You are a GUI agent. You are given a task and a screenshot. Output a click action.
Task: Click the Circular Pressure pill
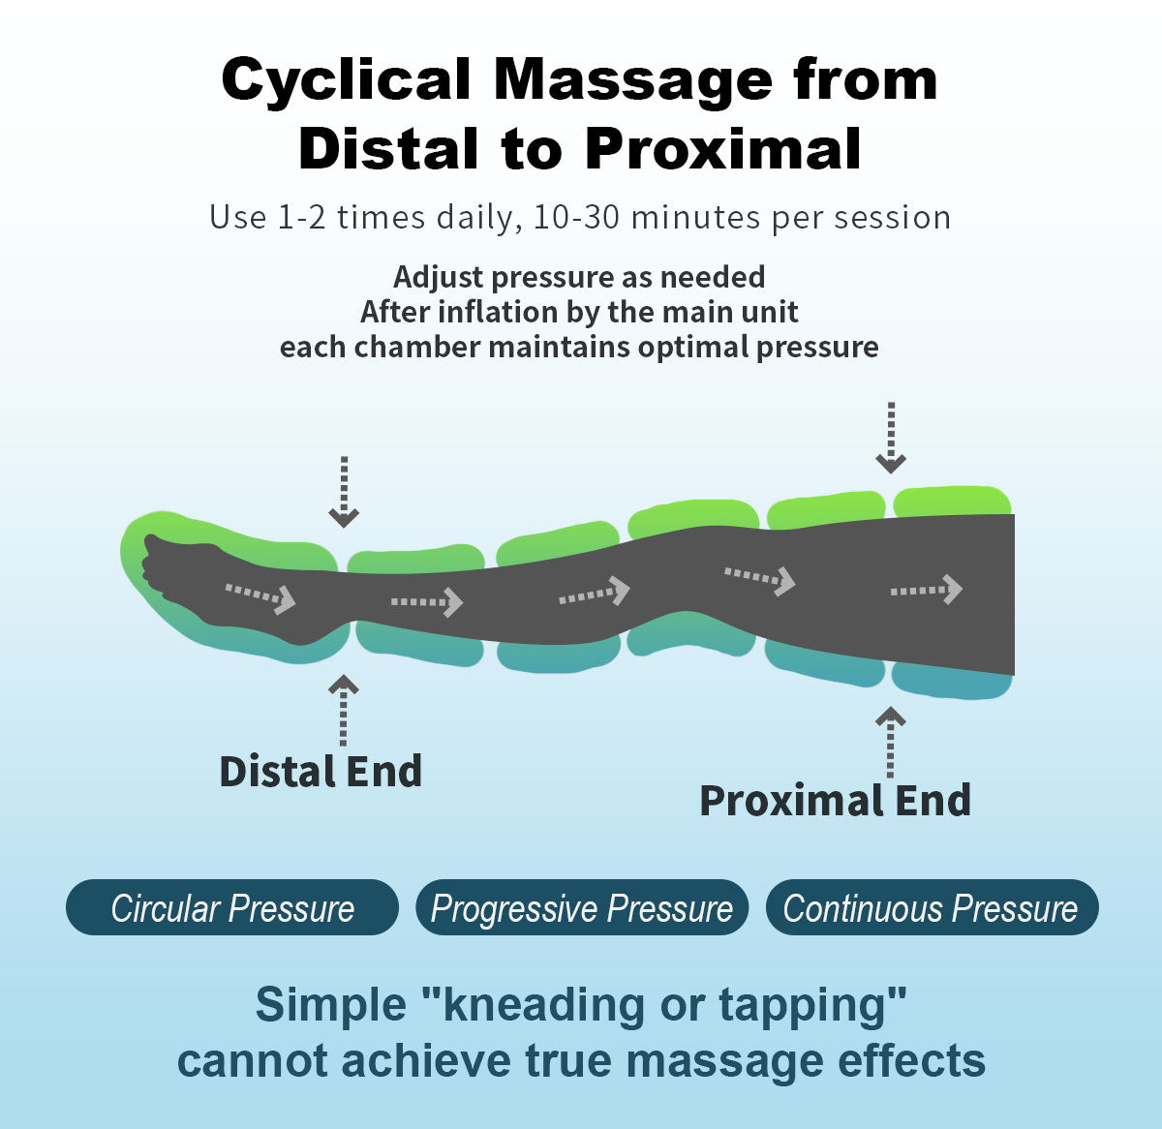pos(232,908)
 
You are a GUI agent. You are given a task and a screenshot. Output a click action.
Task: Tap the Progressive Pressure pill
pos(582,908)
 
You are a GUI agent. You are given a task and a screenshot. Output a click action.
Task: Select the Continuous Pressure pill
pos(932,908)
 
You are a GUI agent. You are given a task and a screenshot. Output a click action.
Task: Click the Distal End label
pos(321,772)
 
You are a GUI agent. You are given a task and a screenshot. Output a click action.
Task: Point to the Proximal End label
pos(835,801)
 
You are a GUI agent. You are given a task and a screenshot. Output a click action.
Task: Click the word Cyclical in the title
pos(347,79)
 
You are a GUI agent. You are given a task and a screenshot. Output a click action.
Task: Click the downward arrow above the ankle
pos(344,492)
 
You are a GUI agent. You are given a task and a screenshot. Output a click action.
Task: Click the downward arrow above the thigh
pos(890,438)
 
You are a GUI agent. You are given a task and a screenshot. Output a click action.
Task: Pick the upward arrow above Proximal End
pos(890,741)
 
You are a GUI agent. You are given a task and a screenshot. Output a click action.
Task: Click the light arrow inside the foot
pos(260,595)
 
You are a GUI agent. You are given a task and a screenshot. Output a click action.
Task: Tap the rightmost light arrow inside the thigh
pos(927,589)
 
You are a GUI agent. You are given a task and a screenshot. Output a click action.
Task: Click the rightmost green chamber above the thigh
pos(952,501)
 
